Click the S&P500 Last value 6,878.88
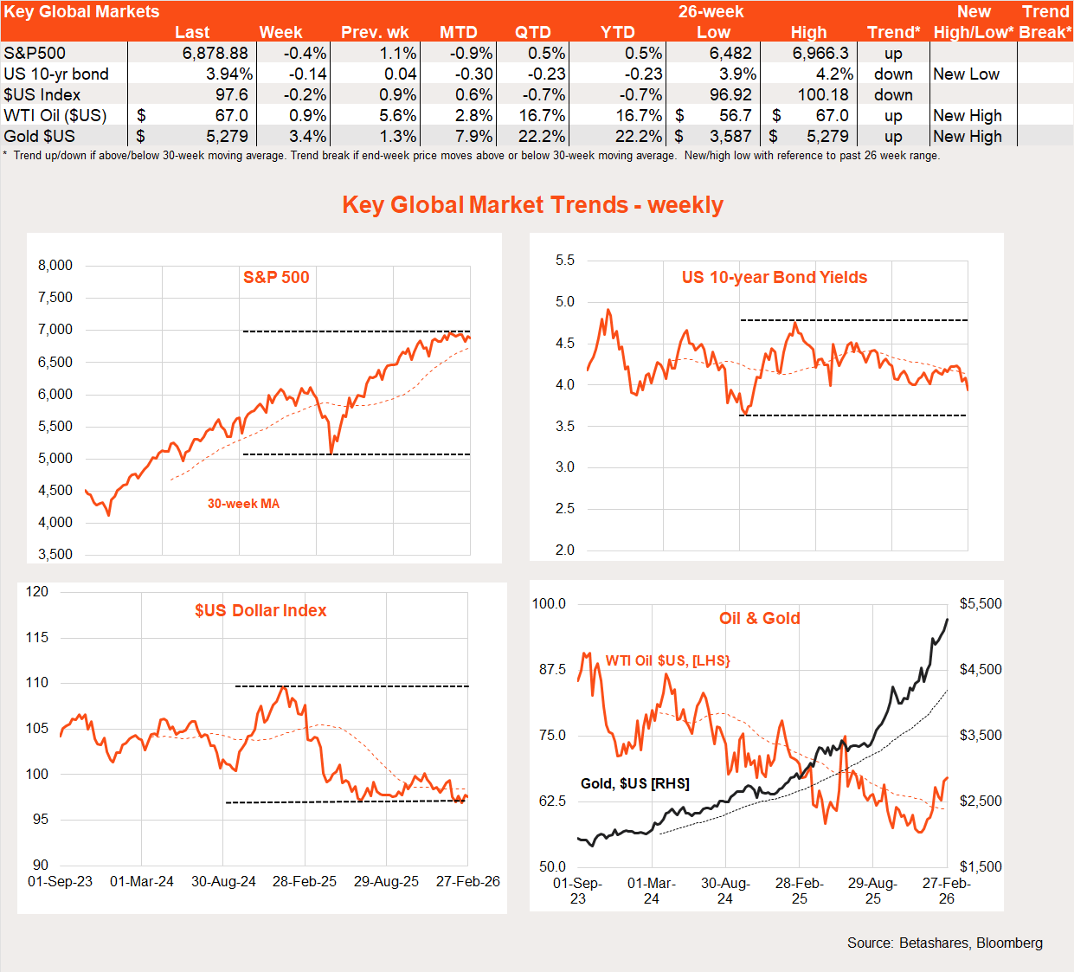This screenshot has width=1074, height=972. pos(215,53)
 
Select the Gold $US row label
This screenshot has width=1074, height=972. pos(39,136)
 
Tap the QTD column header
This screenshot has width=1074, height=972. pos(532,32)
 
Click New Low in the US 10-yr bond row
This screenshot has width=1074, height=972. pos(966,74)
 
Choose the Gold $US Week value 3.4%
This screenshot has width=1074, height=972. pos(307,136)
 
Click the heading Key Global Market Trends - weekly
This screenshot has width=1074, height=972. pos(532,204)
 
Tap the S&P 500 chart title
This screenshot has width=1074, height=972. pos(276,277)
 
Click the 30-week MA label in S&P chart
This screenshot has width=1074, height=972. pos(243,504)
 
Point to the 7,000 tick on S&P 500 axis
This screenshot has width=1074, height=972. pos(55,329)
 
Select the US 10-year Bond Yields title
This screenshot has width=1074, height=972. pos(774,277)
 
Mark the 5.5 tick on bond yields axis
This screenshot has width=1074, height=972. pos(564,260)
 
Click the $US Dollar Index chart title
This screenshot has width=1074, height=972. pos(260,610)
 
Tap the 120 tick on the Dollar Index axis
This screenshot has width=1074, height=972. pos(37,591)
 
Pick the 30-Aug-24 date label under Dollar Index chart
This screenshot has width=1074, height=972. pos(223,881)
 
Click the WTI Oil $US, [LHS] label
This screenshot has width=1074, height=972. pos(667,660)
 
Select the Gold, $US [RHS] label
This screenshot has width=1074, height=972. pos(634,783)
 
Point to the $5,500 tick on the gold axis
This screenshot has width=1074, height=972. pos(981,603)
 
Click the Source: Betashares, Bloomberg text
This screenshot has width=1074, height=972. pos(944,943)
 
